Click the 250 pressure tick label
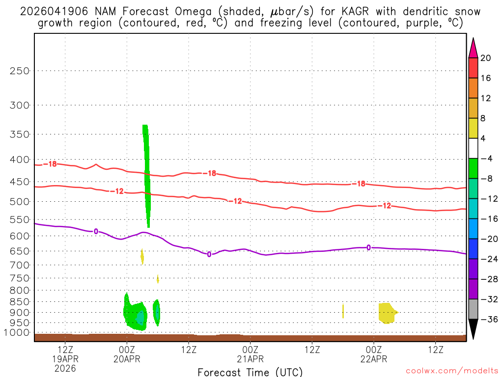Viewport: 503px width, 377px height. [x=20, y=71]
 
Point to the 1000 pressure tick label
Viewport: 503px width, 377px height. [x=18, y=332]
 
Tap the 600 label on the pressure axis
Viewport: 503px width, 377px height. [x=20, y=236]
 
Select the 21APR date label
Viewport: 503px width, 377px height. [x=251, y=359]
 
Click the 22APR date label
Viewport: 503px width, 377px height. [x=374, y=359]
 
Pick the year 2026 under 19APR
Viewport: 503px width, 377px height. [x=65, y=368]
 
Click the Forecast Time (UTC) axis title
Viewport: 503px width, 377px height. [x=250, y=372]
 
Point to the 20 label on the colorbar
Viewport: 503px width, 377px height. [x=486, y=58]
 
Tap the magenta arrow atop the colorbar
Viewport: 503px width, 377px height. [x=473, y=48]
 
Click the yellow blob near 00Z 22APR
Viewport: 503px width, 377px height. [x=387, y=313]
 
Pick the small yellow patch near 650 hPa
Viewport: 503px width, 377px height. [x=142, y=256]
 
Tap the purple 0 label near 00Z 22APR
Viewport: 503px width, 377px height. [x=369, y=247]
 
